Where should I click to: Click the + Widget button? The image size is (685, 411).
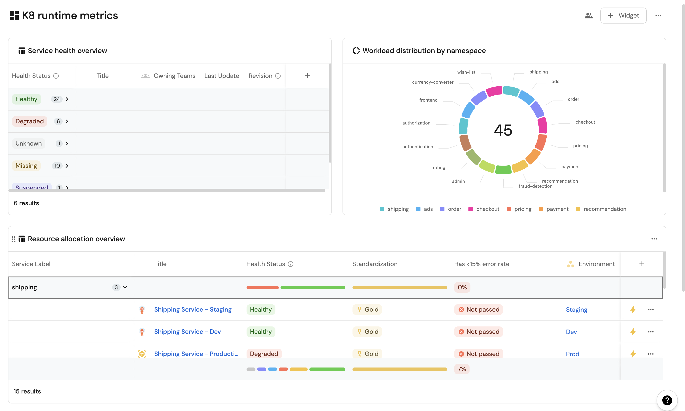pos(623,16)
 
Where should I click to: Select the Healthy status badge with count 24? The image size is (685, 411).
pos(26,99)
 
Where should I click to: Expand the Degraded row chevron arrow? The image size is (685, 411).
pos(67,121)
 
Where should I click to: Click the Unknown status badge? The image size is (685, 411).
pos(28,143)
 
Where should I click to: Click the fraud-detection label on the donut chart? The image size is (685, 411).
pos(535,186)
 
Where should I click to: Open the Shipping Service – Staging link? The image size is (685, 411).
pos(193,309)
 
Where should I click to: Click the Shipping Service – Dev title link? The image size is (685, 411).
pos(187,332)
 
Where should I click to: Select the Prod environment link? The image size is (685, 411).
pos(572,354)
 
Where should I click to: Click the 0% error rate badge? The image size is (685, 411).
pos(462,287)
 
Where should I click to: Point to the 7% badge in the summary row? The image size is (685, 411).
pos(462,369)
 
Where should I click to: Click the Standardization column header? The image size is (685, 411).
pos(375,264)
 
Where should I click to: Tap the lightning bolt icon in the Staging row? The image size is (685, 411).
pos(633,309)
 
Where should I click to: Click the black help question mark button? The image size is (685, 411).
pos(667,400)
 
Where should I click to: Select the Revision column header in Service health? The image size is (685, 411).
pos(260,76)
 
